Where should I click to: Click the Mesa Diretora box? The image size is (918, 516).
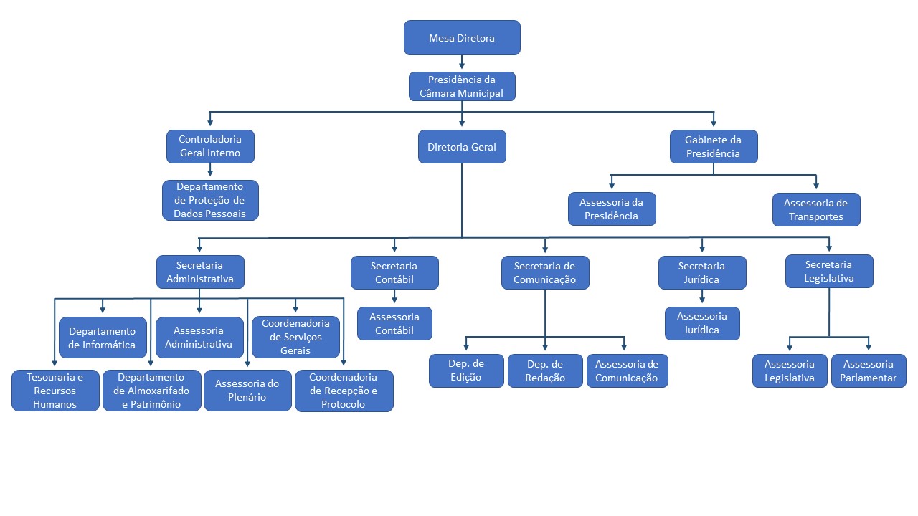[462, 38]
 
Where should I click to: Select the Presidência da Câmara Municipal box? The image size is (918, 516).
[462, 86]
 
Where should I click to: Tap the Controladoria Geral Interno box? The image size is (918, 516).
[210, 146]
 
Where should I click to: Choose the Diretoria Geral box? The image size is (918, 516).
[462, 147]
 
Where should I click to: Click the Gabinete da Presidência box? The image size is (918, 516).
[713, 146]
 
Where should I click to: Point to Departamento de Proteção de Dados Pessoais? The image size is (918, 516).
[210, 200]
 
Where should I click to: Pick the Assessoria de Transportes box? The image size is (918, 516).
[816, 210]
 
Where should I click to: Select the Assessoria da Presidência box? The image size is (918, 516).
[611, 209]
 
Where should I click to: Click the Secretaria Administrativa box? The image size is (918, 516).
[200, 272]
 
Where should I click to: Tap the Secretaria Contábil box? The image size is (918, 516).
[394, 272]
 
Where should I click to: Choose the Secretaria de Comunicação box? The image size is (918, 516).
[545, 272]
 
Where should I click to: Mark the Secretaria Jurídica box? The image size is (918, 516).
[702, 272]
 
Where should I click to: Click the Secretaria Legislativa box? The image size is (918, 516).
[829, 271]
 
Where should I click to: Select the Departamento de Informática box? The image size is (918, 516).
[103, 338]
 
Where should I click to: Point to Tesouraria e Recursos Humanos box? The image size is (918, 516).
[55, 391]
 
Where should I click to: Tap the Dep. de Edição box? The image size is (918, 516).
[466, 371]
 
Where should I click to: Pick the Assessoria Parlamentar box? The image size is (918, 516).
[869, 371]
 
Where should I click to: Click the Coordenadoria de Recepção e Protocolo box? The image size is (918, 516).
[344, 391]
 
